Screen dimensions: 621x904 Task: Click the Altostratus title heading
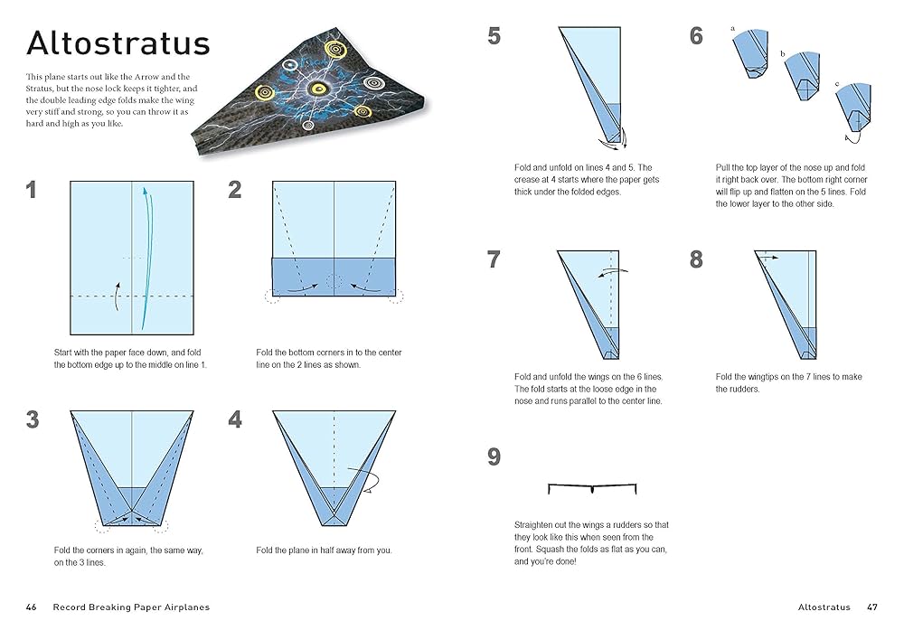tap(118, 44)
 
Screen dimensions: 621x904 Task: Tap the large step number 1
tap(33, 191)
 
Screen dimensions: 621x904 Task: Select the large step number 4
tap(235, 420)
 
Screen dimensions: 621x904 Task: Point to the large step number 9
tap(494, 457)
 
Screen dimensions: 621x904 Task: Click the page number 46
tap(32, 607)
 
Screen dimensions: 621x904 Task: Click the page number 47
tap(871, 607)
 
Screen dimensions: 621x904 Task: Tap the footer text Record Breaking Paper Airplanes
tap(131, 607)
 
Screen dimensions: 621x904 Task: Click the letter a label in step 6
tap(732, 29)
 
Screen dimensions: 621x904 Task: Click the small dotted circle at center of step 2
tap(334, 281)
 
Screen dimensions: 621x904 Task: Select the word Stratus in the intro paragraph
tap(43, 89)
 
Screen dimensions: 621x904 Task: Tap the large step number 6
tap(696, 36)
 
